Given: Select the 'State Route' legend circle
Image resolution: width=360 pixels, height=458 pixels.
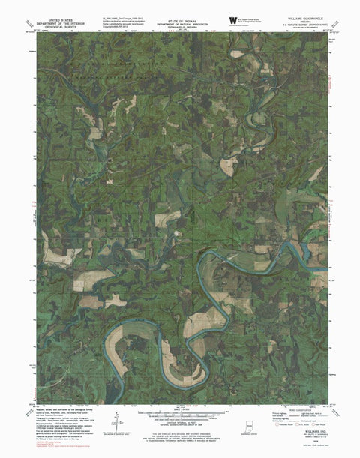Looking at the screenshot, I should click(x=317, y=424).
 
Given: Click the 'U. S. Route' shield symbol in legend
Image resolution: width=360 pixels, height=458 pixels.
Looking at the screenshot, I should click(x=298, y=424).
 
